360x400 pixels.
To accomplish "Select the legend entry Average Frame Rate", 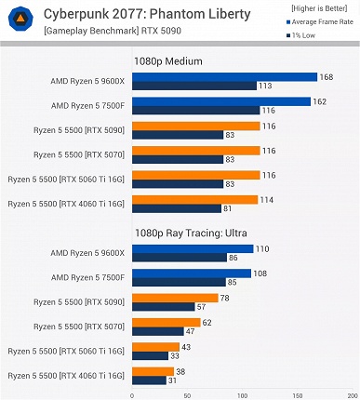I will (x=318, y=20).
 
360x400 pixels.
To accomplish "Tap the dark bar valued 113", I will (x=194, y=86).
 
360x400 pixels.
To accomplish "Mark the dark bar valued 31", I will (x=149, y=380).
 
